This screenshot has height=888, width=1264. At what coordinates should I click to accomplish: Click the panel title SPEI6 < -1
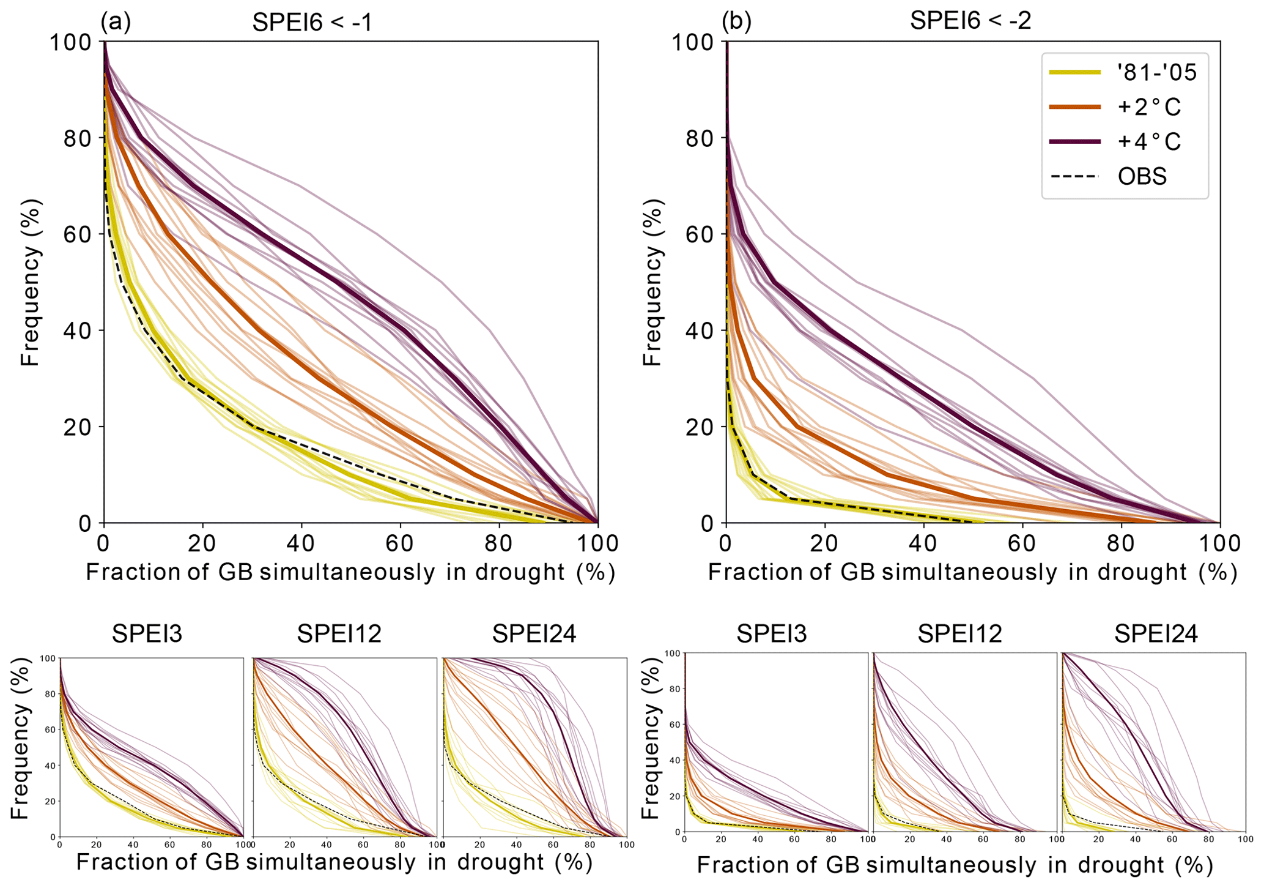(x=312, y=22)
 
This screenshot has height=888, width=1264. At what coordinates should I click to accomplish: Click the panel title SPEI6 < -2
(x=970, y=21)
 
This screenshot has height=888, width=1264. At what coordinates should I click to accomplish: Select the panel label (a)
(x=116, y=22)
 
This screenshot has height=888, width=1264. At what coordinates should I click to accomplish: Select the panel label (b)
(x=736, y=22)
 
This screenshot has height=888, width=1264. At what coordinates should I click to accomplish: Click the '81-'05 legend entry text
(x=1157, y=73)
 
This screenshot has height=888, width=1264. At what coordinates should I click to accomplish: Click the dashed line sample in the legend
(x=1074, y=176)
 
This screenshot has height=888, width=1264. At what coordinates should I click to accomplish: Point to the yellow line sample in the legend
(x=1074, y=73)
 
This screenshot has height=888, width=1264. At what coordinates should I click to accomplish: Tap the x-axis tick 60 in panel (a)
(x=400, y=543)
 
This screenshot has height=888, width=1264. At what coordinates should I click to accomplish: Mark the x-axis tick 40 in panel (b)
(x=923, y=543)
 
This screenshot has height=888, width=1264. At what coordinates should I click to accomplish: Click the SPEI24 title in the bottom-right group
(x=1155, y=634)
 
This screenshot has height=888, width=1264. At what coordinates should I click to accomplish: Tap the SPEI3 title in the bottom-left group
(x=147, y=635)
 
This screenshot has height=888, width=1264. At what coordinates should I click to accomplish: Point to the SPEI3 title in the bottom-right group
(x=771, y=634)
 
